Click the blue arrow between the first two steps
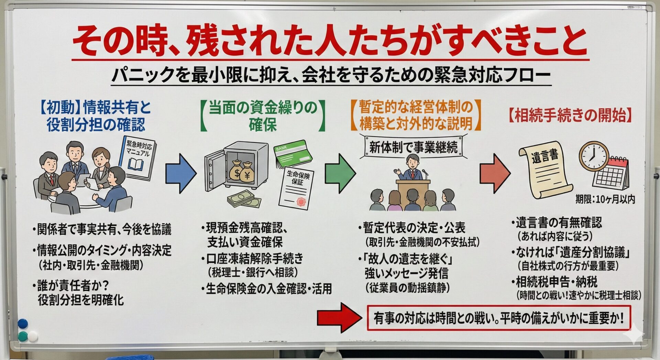pos(180,173)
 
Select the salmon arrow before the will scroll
pos(494,173)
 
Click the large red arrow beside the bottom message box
pos(339,317)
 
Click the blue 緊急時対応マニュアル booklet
pos(138,156)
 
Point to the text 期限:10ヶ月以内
pos(605,199)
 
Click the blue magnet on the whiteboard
pos(22,324)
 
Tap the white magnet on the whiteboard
pos(33,336)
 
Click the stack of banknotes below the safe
pos(244,199)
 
